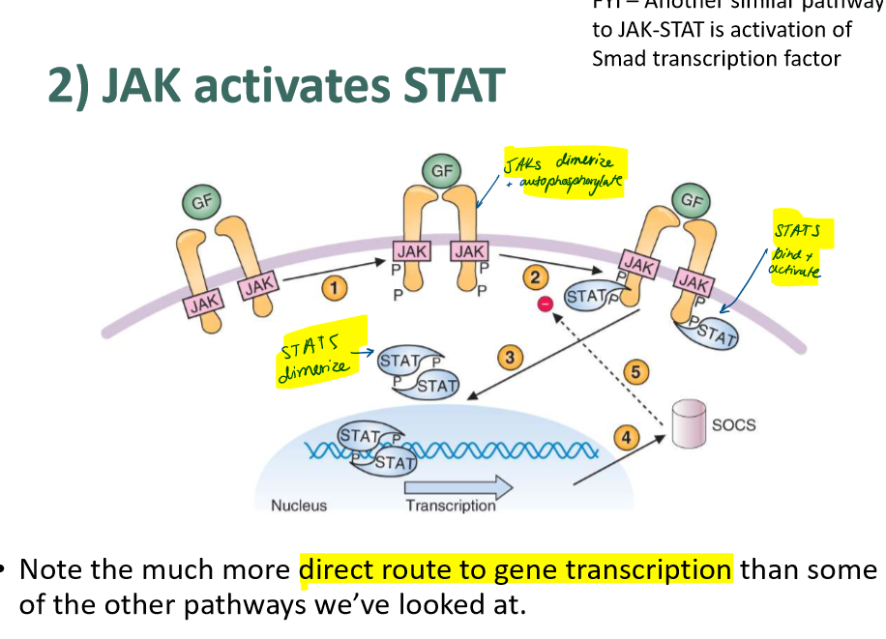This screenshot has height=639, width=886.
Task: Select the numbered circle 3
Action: tap(509, 358)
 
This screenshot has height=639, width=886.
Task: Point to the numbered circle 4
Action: tap(627, 438)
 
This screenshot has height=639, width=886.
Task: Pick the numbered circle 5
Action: tap(635, 371)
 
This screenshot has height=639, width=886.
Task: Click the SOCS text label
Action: tap(733, 424)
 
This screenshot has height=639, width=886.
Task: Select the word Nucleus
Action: tap(299, 505)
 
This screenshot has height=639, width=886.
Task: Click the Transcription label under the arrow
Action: tap(450, 505)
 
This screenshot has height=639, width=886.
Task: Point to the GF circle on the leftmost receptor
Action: tap(201, 201)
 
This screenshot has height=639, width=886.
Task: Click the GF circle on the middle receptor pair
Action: tap(441, 172)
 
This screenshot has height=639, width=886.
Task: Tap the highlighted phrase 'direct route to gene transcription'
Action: tap(516, 569)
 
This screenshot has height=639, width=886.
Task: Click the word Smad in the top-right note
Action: tap(619, 58)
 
